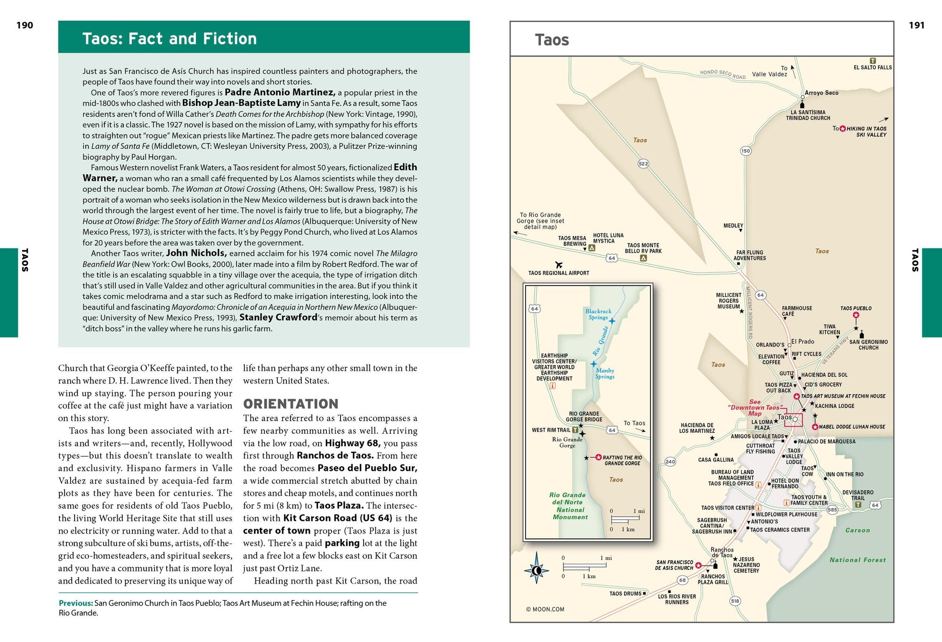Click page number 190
pos(24,25)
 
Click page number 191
pos(917,25)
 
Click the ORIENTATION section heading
pos(291,404)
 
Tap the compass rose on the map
pos(536,571)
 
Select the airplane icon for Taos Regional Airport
pos(559,265)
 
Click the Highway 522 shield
pos(643,163)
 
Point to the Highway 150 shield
pos(746,151)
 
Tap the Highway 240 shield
pos(670,462)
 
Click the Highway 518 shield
pos(735,601)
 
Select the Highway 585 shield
pos(832,509)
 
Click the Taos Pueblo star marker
pos(856,315)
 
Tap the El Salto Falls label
pos(873,67)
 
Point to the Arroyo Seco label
pos(821,93)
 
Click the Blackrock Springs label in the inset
pos(598,314)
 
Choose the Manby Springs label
pos(605,374)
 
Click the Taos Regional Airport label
pos(559,273)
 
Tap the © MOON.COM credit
pos(545,609)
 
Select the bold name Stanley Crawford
pos(278,317)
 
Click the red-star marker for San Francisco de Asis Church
pos(698,565)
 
